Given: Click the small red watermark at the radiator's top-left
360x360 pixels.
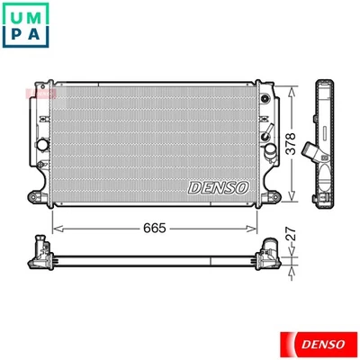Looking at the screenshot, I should click(41, 92).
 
